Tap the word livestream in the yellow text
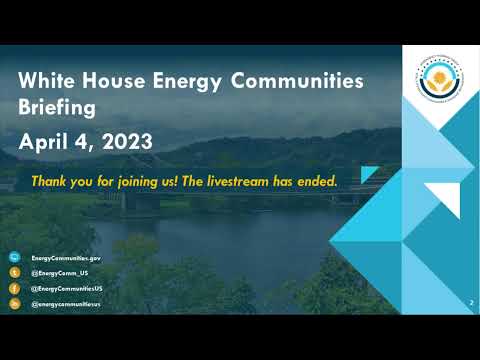242,182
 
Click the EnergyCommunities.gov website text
66,258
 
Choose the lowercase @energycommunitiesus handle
66,302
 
